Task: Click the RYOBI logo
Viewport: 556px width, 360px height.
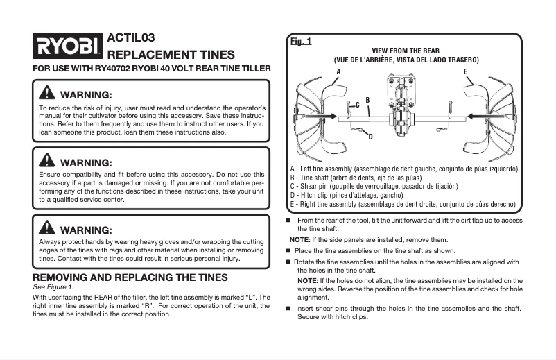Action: pos(67,47)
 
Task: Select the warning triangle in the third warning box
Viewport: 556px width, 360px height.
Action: pos(48,229)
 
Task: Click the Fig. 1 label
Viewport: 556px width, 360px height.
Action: pos(300,42)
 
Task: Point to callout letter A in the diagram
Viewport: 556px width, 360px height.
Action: pos(338,72)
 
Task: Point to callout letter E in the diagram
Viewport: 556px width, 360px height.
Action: pos(465,72)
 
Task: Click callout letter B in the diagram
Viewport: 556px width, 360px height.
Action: pos(367,101)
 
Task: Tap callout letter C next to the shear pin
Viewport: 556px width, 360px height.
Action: pos(358,105)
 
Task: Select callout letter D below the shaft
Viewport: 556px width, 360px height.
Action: pos(370,137)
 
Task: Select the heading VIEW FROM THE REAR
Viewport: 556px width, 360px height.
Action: pos(406,51)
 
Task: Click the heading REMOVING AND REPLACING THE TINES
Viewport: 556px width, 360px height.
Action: pos(130,277)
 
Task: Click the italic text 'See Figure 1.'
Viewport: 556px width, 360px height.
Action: pos(53,286)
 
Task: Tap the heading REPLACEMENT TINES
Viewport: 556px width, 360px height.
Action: pos(171,55)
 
